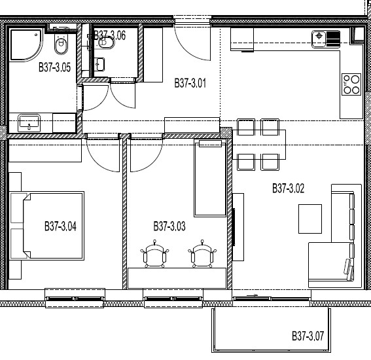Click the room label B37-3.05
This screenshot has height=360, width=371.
[x=55, y=67]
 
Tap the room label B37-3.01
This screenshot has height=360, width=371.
[x=190, y=83]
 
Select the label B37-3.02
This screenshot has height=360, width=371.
[x=288, y=189]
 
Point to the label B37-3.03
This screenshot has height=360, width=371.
[x=169, y=226]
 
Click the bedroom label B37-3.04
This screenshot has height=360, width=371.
[x=61, y=226]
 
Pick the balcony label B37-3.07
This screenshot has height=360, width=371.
[x=308, y=336]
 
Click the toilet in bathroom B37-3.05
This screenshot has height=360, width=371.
[x=61, y=44]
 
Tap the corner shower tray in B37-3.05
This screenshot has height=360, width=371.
[x=26, y=45]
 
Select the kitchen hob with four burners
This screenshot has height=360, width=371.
[x=351, y=84]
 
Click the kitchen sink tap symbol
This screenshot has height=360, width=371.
[x=319, y=36]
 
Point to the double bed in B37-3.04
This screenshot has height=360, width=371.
[x=53, y=226]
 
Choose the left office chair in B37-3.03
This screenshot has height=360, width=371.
[x=154, y=254]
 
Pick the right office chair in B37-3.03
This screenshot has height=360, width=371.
[x=202, y=254]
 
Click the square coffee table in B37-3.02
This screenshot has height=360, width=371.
[x=310, y=219]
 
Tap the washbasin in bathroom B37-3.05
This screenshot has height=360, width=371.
[x=29, y=122]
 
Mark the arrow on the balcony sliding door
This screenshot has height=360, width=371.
[x=252, y=295]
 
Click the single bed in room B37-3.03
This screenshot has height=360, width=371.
[x=210, y=178]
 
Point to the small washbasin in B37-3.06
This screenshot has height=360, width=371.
[x=99, y=64]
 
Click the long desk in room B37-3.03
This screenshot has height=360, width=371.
[x=177, y=278]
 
